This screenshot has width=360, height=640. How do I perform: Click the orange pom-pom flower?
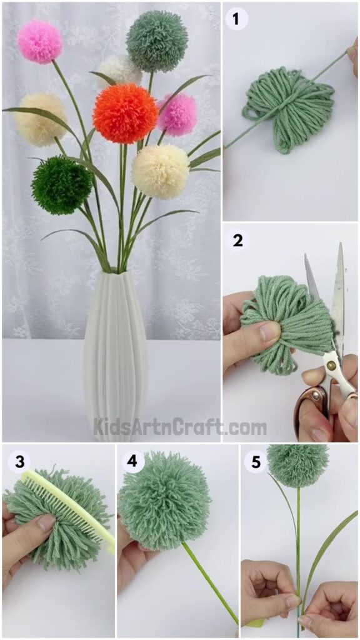pos(124,114)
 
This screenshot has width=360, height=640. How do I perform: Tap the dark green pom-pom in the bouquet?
pos(62,185)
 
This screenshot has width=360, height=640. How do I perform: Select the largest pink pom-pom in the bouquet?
pos(40,41)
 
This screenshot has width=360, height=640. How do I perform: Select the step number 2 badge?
pos(237,241)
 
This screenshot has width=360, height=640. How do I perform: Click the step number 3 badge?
pos(16,462)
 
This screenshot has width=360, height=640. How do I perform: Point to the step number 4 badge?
pos(131,462)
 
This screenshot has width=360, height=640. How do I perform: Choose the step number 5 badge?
pos(255,462)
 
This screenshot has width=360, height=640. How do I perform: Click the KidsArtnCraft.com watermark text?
pos(180,428)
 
